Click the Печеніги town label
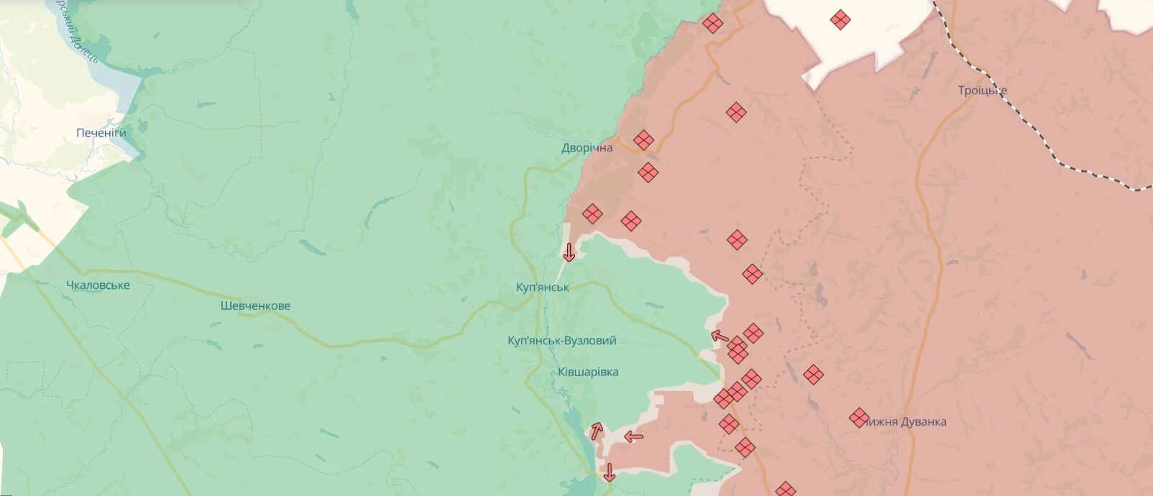click(x=101, y=133)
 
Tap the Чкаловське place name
click(x=98, y=285)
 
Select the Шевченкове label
click(x=255, y=306)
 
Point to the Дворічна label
click(x=587, y=147)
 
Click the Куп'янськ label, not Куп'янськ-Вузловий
click(x=543, y=287)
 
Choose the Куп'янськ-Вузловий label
click(x=562, y=341)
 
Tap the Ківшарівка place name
click(x=588, y=372)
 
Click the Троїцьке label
click(x=982, y=91)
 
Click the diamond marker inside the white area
click(x=840, y=19)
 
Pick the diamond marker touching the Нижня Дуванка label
click(x=858, y=417)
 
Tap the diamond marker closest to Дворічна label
click(x=643, y=139)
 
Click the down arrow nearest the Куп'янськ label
click(x=569, y=252)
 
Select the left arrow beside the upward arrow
click(x=633, y=436)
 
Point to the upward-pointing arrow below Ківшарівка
click(x=597, y=431)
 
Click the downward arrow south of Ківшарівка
click(x=609, y=472)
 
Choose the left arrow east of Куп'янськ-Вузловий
click(x=720, y=336)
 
